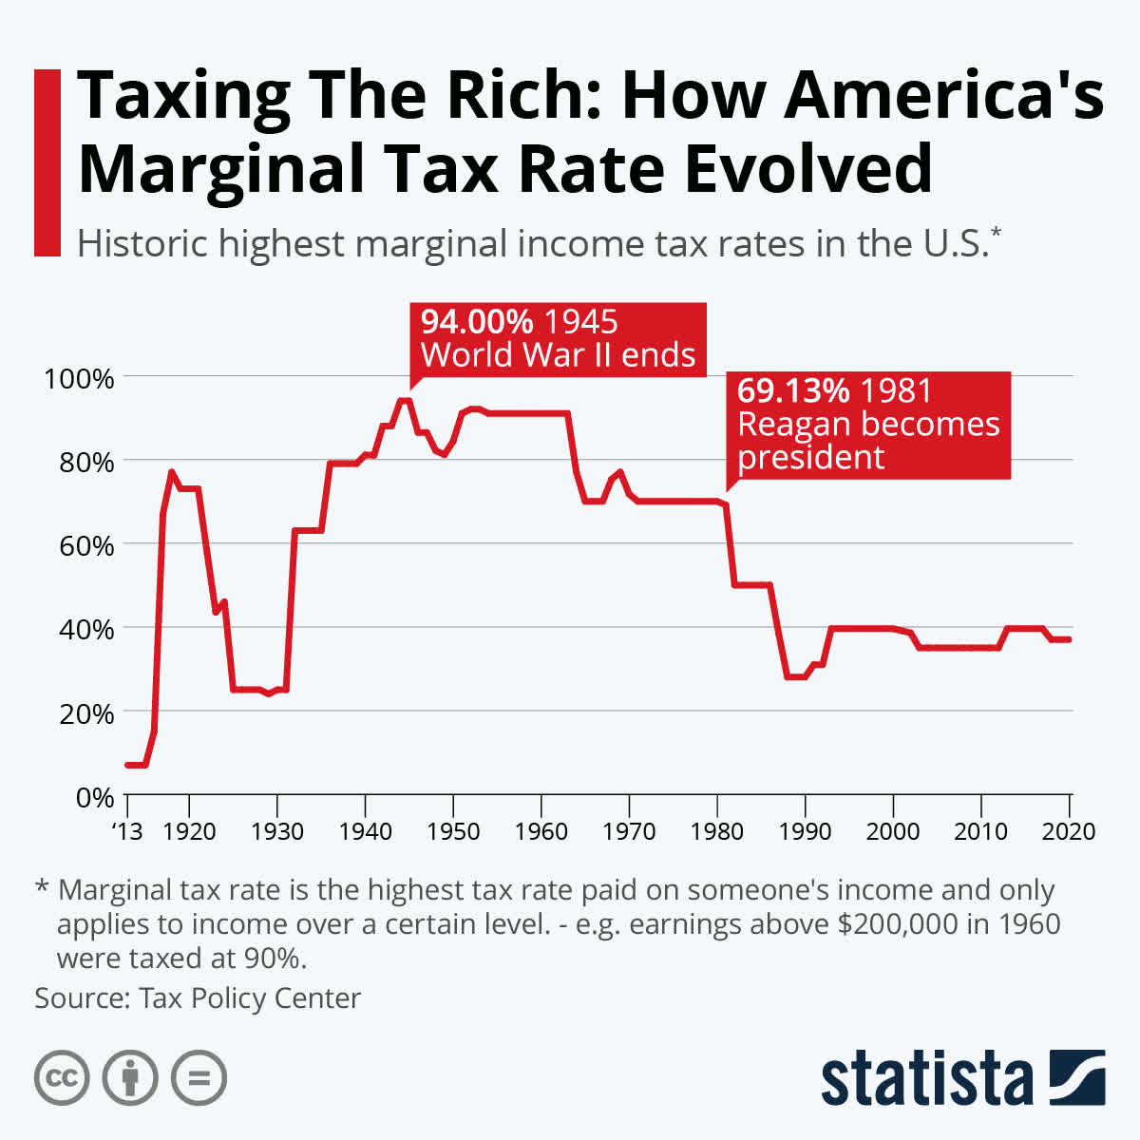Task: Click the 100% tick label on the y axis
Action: click(x=79, y=378)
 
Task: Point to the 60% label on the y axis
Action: click(x=86, y=545)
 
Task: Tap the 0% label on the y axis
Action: click(x=95, y=796)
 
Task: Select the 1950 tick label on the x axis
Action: click(x=453, y=831)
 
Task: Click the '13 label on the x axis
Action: click(x=126, y=831)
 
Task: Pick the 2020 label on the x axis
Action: click(x=1068, y=831)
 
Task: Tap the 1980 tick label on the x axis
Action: click(x=717, y=831)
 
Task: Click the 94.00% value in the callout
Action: click(x=477, y=322)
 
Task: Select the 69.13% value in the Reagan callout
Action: click(x=793, y=391)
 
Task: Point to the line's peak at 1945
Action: click(x=404, y=400)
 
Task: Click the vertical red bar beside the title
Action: click(x=47, y=161)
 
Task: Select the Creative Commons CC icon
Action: click(x=62, y=1078)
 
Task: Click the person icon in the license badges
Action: click(x=130, y=1078)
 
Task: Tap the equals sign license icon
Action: click(x=199, y=1078)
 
